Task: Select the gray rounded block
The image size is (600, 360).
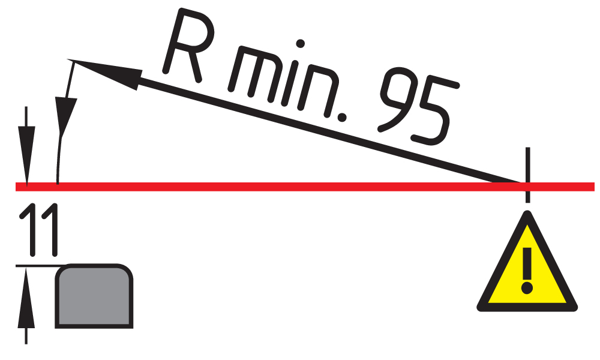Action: (94, 296)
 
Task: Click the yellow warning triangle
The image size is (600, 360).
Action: (527, 270)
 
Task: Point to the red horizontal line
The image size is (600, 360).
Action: (300, 187)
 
